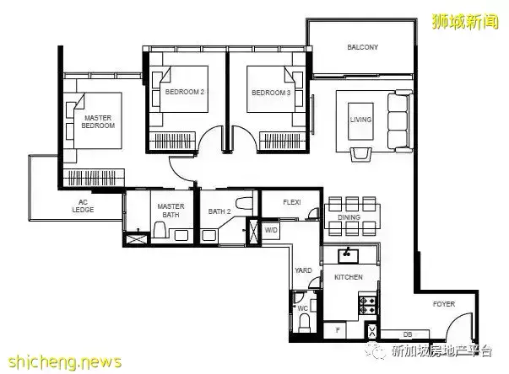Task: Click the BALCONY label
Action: [x=363, y=47]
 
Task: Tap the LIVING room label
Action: [x=360, y=120]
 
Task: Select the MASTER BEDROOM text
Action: [x=98, y=122]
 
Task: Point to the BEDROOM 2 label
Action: [x=184, y=92]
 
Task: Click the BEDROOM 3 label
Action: [x=271, y=93]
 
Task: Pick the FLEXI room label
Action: [x=292, y=202]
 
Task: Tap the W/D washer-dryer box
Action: [x=271, y=230]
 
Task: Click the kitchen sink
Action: [x=348, y=256]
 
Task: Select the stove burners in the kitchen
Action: [x=367, y=306]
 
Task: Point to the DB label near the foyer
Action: [x=408, y=334]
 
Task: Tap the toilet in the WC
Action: [x=304, y=323]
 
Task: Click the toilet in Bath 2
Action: [x=244, y=204]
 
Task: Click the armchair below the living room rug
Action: [x=360, y=154]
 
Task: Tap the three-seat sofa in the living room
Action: [x=400, y=121]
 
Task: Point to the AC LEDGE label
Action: [x=83, y=206]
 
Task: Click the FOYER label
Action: [x=444, y=304]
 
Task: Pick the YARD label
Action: [x=303, y=270]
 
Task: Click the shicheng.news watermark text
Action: [x=65, y=362]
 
